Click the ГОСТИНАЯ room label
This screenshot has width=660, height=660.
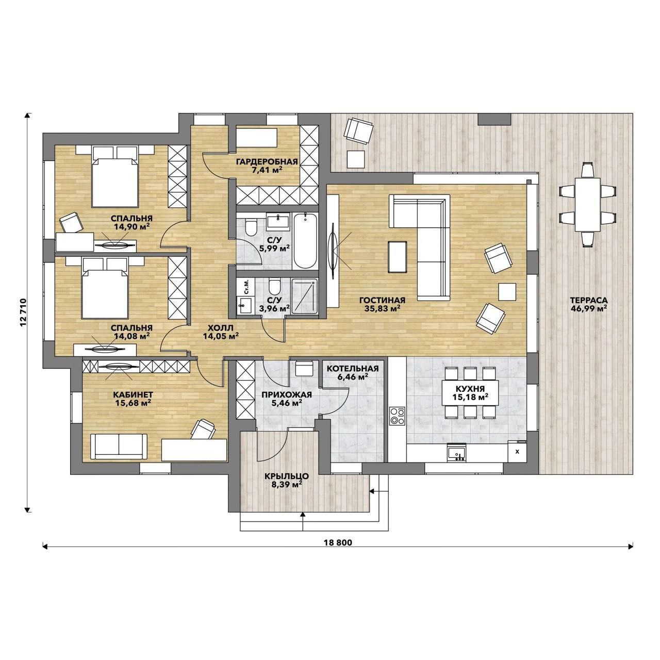coord(382,301)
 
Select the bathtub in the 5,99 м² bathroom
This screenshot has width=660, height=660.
coord(305,241)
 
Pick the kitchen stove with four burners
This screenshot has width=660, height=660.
coord(397,416)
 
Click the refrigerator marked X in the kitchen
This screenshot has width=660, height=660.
coord(517,451)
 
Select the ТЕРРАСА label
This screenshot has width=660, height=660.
coord(589,300)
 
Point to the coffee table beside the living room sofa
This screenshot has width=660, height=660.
coord(398,257)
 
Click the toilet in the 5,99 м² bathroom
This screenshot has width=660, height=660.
coord(252,228)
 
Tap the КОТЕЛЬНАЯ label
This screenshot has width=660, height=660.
coord(353,369)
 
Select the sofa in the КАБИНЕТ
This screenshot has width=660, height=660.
coord(119,447)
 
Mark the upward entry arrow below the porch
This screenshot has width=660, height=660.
coord(303,521)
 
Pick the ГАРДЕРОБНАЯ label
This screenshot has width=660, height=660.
coord(267,162)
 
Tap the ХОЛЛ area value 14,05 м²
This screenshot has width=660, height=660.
coord(221,336)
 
